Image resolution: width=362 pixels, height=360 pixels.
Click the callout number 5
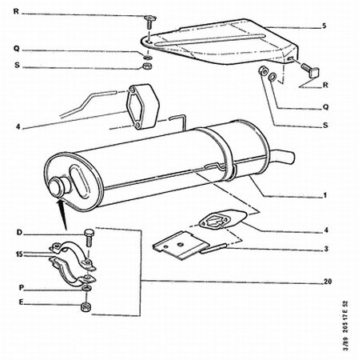coord(324,26)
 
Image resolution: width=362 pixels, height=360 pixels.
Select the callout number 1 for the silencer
coord(324,195)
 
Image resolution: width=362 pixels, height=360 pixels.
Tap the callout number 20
coord(328,282)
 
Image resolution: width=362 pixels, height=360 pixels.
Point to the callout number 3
coord(326,249)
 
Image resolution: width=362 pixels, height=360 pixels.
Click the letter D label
coord(19,233)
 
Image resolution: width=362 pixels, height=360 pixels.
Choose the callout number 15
coord(19,254)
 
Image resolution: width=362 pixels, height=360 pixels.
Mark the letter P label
coord(22,288)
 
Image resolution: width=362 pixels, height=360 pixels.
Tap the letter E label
coord(21,302)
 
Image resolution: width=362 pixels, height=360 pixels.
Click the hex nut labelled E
coord(86,306)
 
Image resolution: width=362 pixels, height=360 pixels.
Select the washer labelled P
coord(86,288)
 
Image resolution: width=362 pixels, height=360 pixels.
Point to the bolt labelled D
coord(89,238)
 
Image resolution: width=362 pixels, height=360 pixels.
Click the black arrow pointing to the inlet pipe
coord(63,214)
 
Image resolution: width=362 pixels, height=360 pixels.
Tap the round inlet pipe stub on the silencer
coord(58,186)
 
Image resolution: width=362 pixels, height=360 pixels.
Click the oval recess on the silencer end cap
coord(79,182)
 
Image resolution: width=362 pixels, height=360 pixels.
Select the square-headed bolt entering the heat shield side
coord(310,70)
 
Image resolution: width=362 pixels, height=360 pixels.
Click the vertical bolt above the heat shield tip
coord(149,23)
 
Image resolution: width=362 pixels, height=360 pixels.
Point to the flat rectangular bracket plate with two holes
coord(181,245)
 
